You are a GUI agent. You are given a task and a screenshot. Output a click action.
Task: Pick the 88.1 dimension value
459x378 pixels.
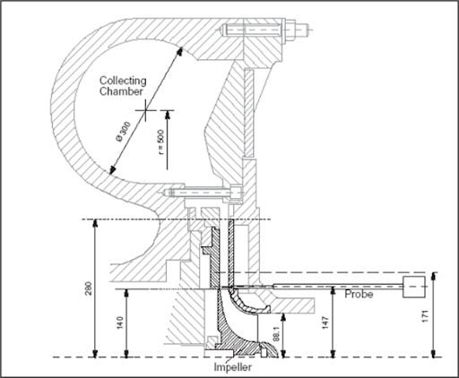[x=288, y=334]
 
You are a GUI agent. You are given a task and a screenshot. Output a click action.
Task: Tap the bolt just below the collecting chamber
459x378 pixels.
[x=197, y=193]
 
